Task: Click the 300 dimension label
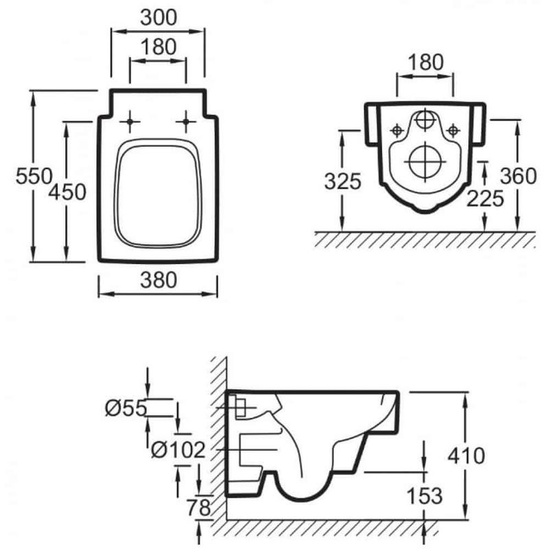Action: (159, 18)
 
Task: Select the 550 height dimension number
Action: (34, 176)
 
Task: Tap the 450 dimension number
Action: (67, 192)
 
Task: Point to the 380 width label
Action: (159, 280)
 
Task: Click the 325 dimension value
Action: (342, 181)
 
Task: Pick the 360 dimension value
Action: (518, 176)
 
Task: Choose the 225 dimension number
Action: (485, 198)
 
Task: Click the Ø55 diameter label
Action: (126, 408)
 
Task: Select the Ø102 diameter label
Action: (178, 449)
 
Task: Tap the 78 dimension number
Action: (198, 507)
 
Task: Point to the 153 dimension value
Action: (425, 495)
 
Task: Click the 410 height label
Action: (467, 456)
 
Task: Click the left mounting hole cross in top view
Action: (130, 121)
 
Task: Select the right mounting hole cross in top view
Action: (186, 121)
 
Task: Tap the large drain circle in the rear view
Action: (425, 162)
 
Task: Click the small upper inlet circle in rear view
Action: (425, 119)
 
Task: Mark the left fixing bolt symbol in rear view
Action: (397, 130)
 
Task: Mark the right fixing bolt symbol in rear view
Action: (454, 130)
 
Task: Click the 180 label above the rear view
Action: (425, 62)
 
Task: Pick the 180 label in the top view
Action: (159, 47)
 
